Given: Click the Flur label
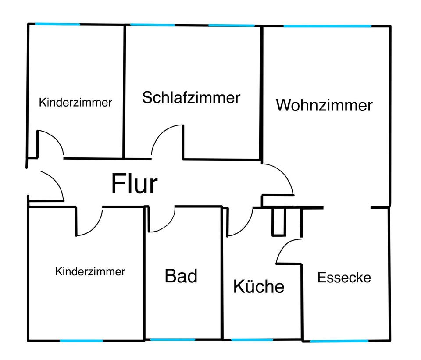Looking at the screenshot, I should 134,184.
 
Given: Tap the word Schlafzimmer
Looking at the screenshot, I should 191,97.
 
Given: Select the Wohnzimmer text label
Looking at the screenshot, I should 324,105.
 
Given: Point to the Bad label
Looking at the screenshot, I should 181,276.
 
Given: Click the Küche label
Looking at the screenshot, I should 258,287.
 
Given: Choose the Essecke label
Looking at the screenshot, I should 344,278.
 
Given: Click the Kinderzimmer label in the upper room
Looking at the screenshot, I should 75,103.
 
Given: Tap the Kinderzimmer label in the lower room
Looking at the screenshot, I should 90,271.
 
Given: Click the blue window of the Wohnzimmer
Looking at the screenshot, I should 327,26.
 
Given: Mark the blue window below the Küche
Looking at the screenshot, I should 252,340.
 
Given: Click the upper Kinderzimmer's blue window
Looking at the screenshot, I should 57,24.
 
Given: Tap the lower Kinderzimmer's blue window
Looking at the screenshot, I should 81,340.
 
